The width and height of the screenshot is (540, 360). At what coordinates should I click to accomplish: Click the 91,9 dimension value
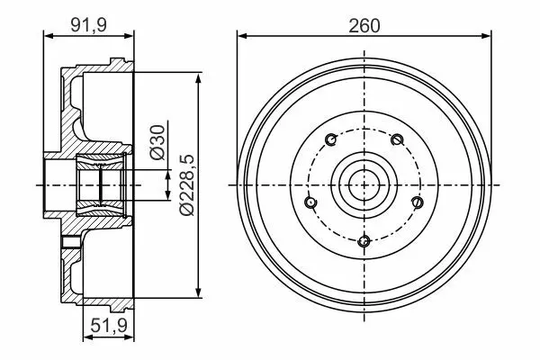(89, 25)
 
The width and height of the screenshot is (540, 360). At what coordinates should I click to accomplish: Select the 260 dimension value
(364, 26)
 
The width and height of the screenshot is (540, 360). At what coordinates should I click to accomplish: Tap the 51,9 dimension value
(109, 325)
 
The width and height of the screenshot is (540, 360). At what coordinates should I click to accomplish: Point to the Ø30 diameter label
(157, 142)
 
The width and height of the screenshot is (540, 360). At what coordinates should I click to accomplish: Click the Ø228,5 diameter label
(187, 185)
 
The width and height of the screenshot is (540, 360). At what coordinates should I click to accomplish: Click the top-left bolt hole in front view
(331, 139)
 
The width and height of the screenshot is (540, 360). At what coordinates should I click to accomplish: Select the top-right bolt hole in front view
(397, 139)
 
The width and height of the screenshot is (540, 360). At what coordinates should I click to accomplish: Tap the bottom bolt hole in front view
(364, 241)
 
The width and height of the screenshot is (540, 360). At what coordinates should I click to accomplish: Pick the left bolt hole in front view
(310, 202)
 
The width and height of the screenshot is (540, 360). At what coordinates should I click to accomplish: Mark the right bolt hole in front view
(418, 202)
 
